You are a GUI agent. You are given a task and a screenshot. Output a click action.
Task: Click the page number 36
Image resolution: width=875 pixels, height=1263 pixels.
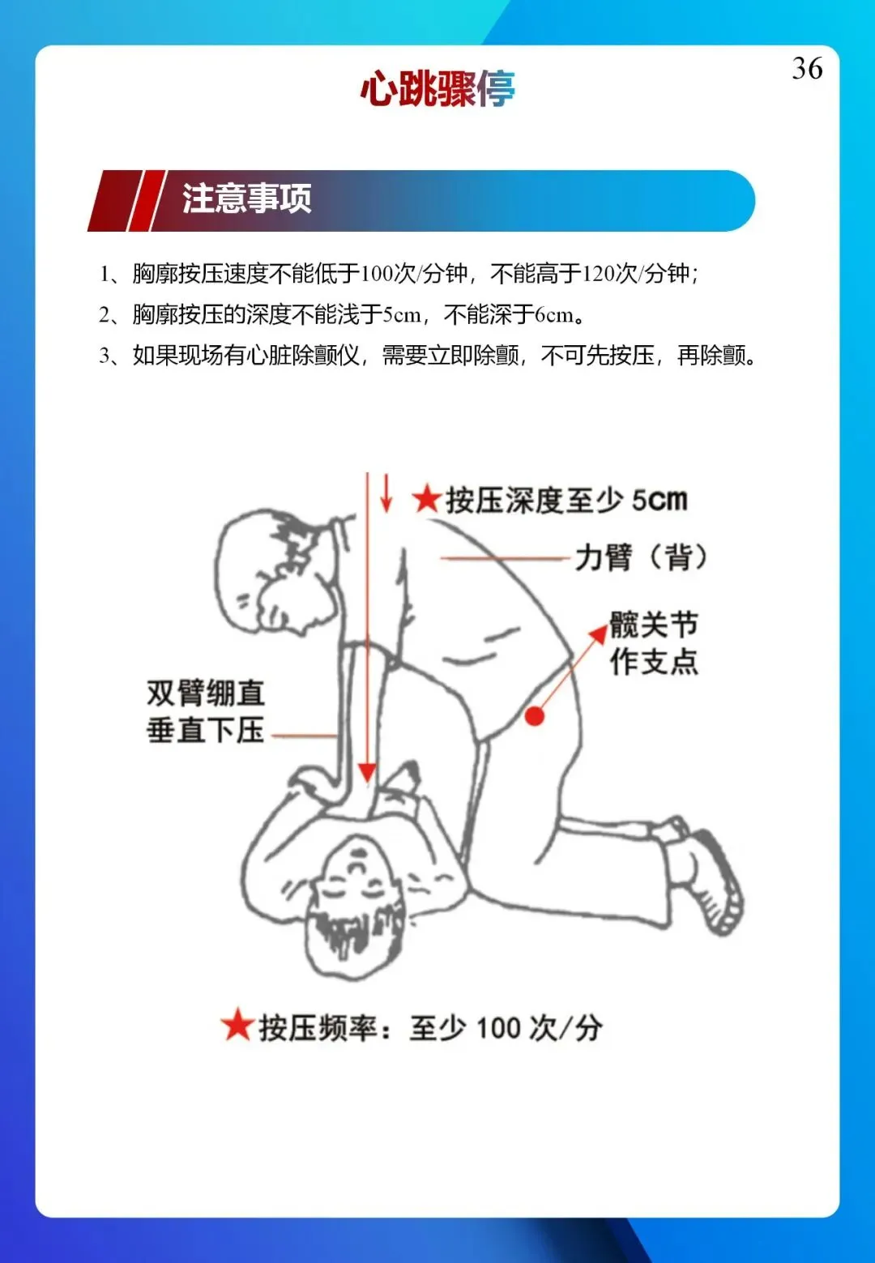click(807, 69)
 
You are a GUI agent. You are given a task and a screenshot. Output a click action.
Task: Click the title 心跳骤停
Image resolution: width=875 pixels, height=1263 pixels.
click(437, 88)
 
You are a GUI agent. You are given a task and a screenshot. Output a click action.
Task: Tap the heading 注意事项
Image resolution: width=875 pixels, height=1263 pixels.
click(246, 198)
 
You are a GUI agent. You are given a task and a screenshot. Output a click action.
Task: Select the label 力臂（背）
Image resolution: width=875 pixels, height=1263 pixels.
click(641, 557)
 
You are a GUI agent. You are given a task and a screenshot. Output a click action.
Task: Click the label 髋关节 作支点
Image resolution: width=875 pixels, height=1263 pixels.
click(654, 642)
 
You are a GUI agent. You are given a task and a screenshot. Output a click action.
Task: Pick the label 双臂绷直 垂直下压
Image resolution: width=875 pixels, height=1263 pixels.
click(206, 711)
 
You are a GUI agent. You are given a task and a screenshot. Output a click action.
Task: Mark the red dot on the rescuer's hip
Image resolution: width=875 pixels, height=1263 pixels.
click(535, 716)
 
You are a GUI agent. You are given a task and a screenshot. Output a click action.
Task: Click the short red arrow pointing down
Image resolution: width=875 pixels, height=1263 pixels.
click(386, 493)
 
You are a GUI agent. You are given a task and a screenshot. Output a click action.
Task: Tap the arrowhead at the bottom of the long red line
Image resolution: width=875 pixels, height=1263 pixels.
click(367, 772)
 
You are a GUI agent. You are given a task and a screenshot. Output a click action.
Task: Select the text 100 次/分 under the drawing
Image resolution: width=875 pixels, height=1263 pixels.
click(539, 1027)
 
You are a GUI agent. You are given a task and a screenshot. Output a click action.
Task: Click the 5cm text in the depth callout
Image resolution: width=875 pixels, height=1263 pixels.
click(659, 500)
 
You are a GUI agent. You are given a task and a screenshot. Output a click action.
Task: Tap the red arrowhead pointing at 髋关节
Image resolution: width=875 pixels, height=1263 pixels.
click(599, 632)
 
